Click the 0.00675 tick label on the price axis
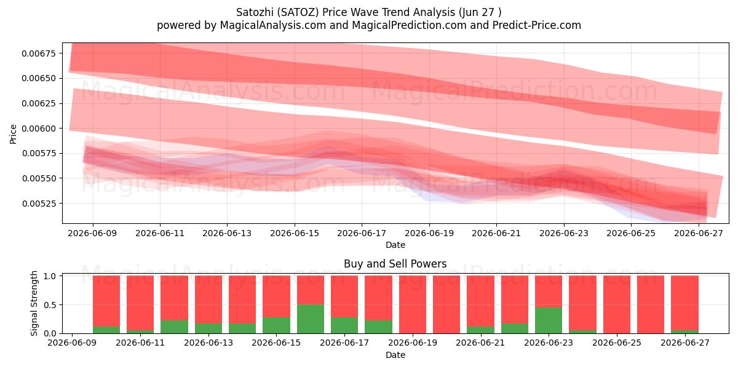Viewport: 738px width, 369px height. pyautogui.click(x=39, y=54)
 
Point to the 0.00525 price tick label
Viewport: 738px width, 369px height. pyautogui.click(x=39, y=204)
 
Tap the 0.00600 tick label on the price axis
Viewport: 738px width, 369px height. pyautogui.click(x=39, y=129)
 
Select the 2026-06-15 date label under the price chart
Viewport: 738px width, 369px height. pyautogui.click(x=295, y=233)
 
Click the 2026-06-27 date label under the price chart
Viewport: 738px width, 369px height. pyautogui.click(x=699, y=233)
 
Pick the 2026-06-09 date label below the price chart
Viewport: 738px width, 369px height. pyautogui.click(x=92, y=233)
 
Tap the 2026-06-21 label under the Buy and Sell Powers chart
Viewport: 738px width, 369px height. pyautogui.click(x=480, y=343)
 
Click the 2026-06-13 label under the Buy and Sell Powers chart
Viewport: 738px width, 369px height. pyautogui.click(x=208, y=343)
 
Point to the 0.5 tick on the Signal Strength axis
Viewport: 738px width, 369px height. pyautogui.click(x=50, y=305)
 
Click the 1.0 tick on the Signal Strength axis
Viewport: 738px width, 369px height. pyautogui.click(x=50, y=276)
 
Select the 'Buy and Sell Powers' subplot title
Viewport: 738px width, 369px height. pyautogui.click(x=395, y=264)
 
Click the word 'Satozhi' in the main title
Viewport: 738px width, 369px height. pyautogui.click(x=255, y=12)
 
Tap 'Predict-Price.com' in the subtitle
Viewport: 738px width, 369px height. pyautogui.click(x=537, y=25)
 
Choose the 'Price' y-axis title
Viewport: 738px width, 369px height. pyautogui.click(x=13, y=134)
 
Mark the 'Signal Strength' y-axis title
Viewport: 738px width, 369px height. pyautogui.click(x=34, y=303)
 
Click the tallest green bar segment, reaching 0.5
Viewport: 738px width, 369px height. pyautogui.click(x=311, y=319)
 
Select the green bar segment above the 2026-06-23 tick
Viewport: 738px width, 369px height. pyautogui.click(x=549, y=320)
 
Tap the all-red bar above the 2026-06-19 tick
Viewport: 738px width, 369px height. pyautogui.click(x=413, y=304)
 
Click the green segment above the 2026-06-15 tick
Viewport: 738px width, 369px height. pyautogui.click(x=276, y=325)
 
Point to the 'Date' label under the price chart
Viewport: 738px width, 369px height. pyautogui.click(x=395, y=245)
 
